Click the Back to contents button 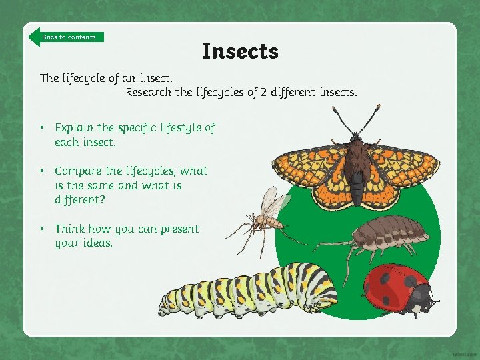tap(67, 37)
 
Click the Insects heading tap(240, 51)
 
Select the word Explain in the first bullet tap(75, 127)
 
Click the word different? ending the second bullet tap(81, 199)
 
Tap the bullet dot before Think tap(41, 229)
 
